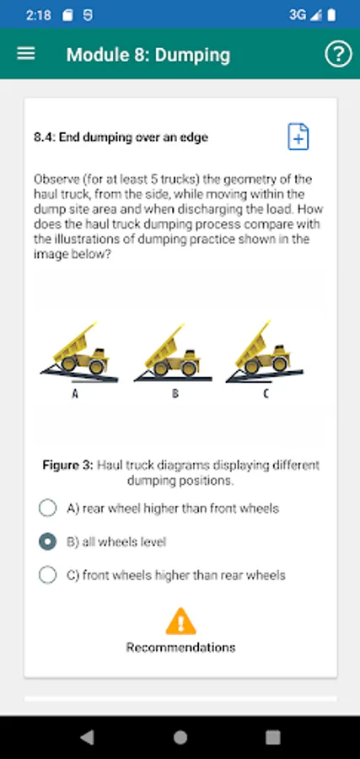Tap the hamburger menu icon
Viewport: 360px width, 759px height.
tap(25, 54)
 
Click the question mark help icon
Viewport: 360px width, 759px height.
tap(338, 54)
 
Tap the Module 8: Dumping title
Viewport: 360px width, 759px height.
tap(148, 55)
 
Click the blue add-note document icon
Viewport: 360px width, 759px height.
tap(298, 137)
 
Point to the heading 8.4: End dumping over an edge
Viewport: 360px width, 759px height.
tap(121, 137)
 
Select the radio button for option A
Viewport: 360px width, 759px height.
tap(47, 508)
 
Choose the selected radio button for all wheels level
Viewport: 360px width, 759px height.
tap(47, 541)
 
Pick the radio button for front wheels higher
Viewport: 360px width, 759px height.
tap(47, 575)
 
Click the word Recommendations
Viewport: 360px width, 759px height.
tap(181, 647)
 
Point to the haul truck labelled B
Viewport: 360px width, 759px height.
tap(172, 351)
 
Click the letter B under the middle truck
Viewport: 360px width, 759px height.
tap(175, 395)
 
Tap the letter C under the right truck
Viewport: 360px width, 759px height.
tap(266, 394)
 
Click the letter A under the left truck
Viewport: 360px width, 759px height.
tap(75, 395)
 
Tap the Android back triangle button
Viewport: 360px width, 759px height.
tap(87, 737)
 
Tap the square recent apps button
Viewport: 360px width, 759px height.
tap(273, 737)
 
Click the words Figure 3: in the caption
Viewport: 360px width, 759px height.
tap(67, 466)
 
